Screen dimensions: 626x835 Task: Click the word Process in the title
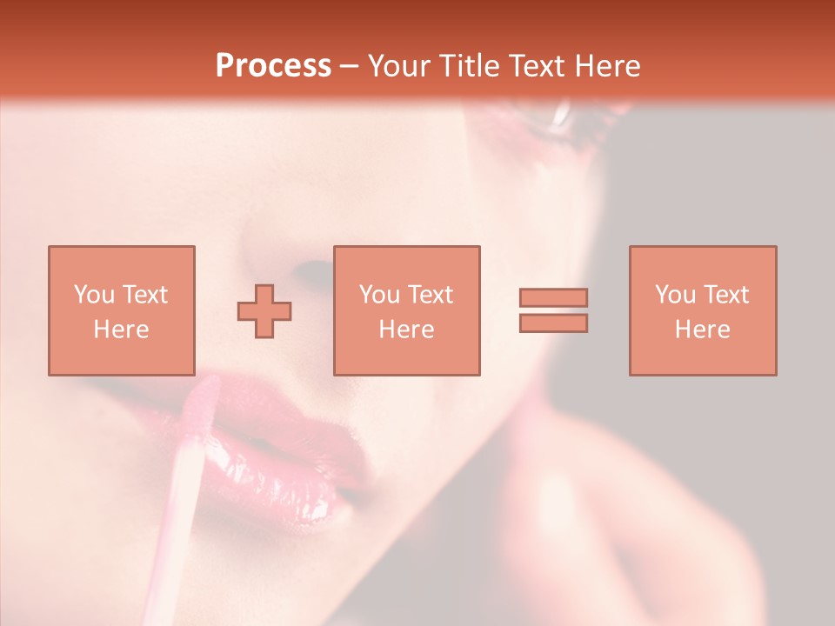(x=273, y=66)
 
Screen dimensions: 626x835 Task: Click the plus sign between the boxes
(x=264, y=310)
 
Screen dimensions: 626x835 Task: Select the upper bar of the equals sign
(x=553, y=297)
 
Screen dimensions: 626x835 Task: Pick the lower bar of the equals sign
(x=553, y=323)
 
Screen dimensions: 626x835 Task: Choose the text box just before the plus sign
(x=122, y=310)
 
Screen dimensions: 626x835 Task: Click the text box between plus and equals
(x=407, y=310)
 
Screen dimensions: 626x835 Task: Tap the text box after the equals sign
(x=703, y=310)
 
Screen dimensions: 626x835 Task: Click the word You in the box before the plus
(x=94, y=295)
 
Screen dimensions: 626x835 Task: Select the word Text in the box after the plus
(x=431, y=295)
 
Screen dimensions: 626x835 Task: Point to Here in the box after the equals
(x=703, y=330)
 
